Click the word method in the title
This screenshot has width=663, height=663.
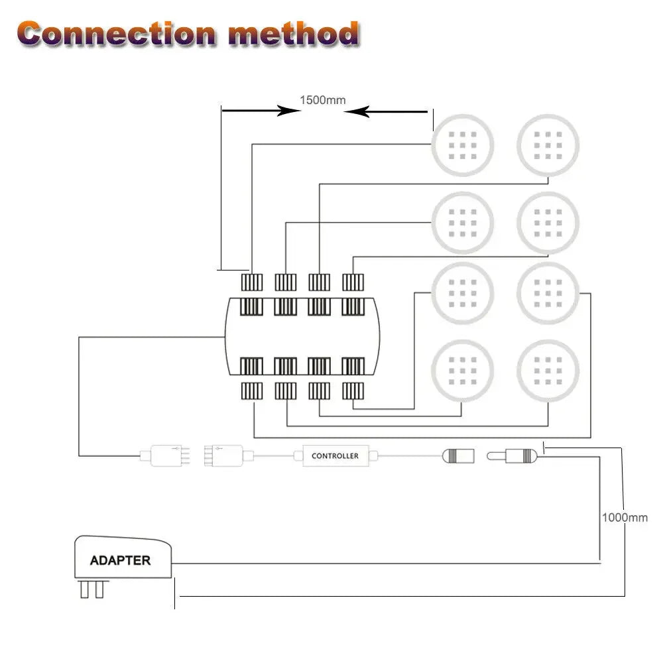292,33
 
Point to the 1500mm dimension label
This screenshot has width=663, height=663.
323,100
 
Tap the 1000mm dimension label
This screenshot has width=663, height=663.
625,517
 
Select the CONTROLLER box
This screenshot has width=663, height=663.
335,456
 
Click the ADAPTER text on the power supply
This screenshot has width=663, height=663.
120,560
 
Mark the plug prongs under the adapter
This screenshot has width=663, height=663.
92,589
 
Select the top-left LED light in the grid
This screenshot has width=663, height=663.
463,145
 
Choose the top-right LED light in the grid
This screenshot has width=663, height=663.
548,145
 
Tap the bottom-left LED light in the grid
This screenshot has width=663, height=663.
463,371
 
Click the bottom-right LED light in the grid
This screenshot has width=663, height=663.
548,371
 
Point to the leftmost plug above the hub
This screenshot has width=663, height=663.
252,282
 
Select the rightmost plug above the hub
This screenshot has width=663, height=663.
353,282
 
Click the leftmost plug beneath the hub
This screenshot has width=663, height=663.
252,391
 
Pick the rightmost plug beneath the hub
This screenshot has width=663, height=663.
353,391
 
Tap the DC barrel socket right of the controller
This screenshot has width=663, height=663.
457,456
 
